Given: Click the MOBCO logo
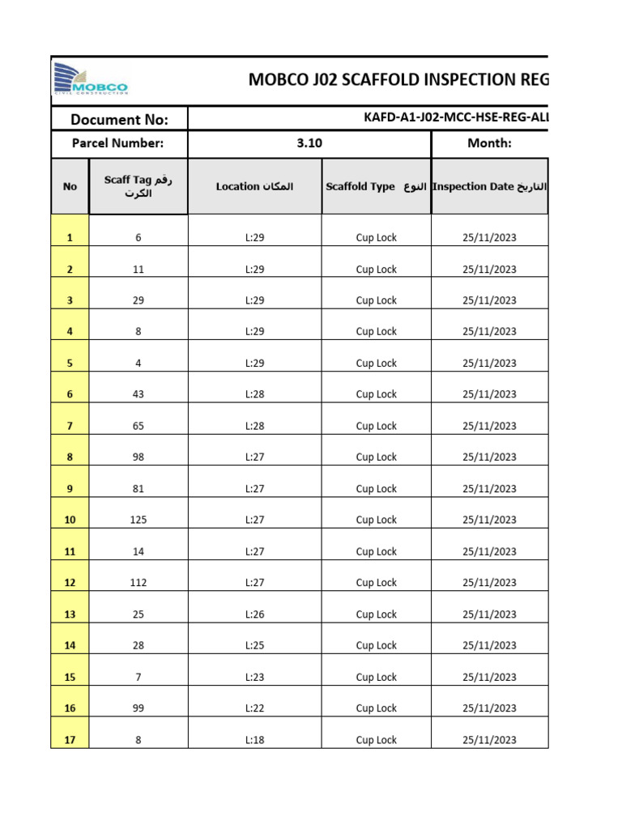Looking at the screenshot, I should coord(91,80).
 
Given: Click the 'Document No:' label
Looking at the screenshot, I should coord(119,120).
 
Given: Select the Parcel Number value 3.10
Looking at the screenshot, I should coord(309,143).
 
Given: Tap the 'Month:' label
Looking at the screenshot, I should coord(489,143).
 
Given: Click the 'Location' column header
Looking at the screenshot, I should coord(254,186).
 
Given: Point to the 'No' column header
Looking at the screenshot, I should coord(70,186).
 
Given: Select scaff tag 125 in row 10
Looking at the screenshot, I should coord(138,520).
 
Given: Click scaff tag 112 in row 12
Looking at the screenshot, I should coord(138,583).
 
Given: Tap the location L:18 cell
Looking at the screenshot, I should coord(254,740).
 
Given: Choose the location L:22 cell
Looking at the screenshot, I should coord(254,708).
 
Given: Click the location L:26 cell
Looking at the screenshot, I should coord(254,614).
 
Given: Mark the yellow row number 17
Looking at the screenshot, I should coord(70,740).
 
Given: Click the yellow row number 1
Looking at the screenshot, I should coord(70,238).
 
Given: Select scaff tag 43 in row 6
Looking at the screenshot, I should coord(138,394).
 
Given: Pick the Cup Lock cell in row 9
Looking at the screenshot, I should coord(376,489).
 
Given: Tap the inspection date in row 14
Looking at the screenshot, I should coord(489,645).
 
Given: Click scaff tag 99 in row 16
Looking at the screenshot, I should coord(138,708).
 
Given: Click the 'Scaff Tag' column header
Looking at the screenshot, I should coord(138,186).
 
